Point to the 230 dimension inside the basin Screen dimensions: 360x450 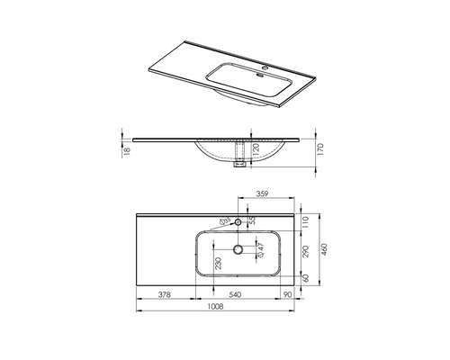point(219,265)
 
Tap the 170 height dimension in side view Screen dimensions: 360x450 point(318,150)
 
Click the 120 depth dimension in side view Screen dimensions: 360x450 point(256,150)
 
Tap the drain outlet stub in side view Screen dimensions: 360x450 point(239,165)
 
